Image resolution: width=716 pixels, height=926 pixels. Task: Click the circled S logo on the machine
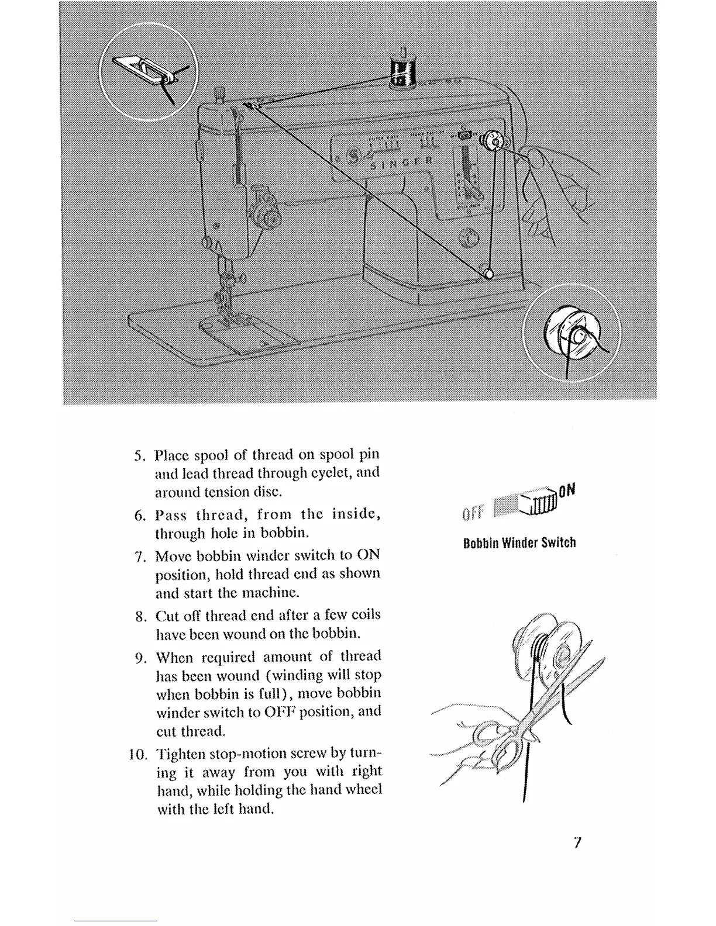point(353,157)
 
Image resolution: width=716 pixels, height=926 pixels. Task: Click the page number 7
point(578,842)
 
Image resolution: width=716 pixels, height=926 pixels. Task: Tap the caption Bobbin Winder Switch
point(519,543)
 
